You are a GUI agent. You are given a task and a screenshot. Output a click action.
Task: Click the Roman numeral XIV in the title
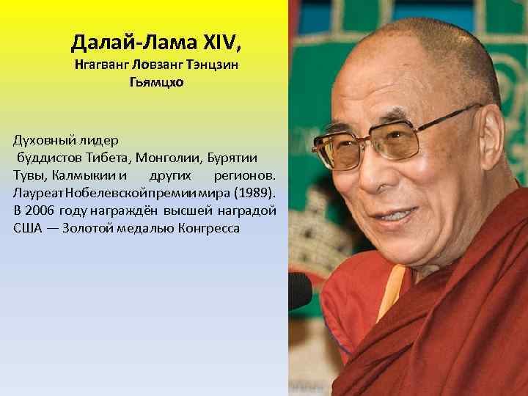click(217, 43)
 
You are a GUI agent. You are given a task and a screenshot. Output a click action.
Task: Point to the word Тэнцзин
click(213, 65)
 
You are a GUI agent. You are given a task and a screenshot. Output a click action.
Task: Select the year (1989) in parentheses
click(253, 194)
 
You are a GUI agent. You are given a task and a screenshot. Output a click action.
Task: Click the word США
click(28, 229)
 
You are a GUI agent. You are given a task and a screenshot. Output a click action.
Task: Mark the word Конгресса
click(208, 229)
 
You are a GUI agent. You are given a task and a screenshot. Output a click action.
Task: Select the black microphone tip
click(298, 290)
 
